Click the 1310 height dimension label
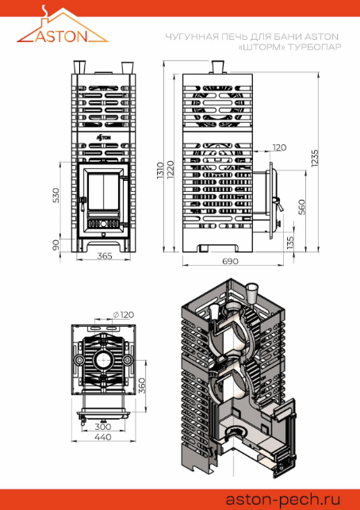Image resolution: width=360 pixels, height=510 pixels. (161, 172)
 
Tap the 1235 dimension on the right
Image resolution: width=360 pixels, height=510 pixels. (315, 159)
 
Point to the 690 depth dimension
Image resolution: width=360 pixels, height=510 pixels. (231, 261)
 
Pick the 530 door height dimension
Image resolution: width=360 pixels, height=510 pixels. (56, 195)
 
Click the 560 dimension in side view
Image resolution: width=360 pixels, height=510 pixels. (301, 207)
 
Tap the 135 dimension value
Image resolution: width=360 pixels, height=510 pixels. (290, 243)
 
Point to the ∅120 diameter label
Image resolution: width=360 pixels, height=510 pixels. (123, 315)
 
